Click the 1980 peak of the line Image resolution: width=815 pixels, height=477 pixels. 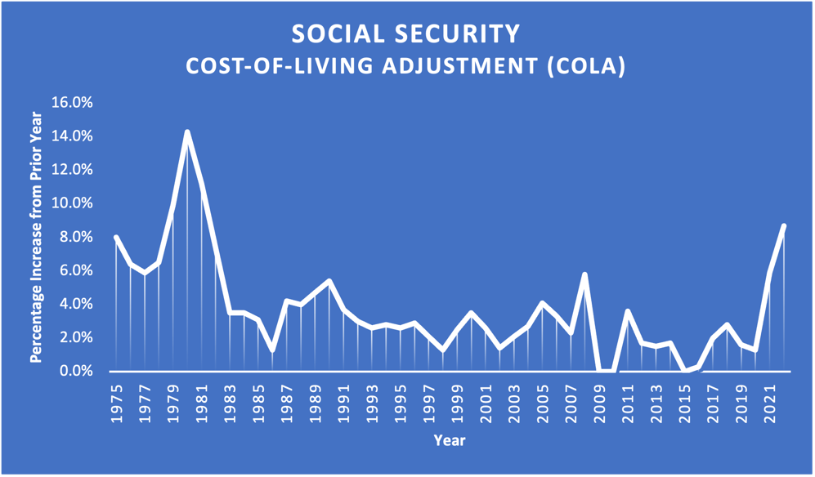point(187,132)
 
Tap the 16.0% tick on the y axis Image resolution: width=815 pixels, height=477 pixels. point(72,103)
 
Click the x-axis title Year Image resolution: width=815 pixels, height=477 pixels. point(449,440)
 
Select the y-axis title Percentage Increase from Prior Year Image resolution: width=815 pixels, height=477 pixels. point(36,237)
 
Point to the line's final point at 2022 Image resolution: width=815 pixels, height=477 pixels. point(784,226)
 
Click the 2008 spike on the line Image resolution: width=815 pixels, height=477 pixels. point(585,274)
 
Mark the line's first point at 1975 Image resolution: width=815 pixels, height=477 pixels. point(116,238)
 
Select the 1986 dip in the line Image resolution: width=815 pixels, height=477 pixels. point(272,350)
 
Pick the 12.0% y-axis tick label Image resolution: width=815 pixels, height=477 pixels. point(72,170)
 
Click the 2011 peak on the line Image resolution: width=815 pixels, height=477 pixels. point(628,311)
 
